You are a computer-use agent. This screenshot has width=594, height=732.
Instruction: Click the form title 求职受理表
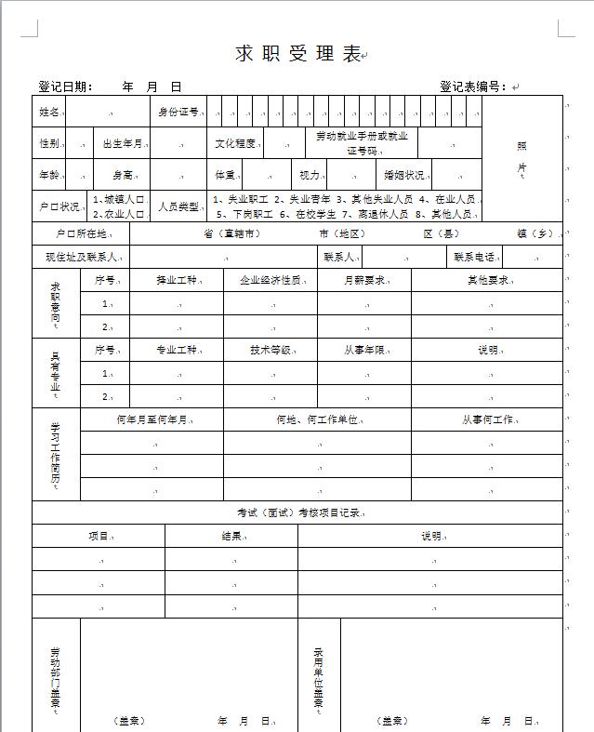[297, 54]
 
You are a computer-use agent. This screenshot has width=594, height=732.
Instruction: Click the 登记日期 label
[65, 87]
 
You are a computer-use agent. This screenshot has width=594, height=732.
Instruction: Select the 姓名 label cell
[49, 112]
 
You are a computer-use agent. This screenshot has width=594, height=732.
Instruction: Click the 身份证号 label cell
[178, 112]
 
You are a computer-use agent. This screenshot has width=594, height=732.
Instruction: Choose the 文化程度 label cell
[235, 143]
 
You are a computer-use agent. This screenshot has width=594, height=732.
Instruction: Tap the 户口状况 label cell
[59, 206]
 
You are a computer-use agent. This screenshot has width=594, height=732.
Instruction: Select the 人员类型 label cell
[178, 206]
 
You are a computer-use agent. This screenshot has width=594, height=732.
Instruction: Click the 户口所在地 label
[82, 233]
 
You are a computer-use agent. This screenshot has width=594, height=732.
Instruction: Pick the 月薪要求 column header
[363, 279]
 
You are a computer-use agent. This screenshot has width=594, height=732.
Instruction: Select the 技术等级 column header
[270, 350]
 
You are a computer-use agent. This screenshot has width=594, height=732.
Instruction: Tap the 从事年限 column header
[363, 350]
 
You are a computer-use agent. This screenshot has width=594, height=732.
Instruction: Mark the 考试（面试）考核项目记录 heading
[297, 512]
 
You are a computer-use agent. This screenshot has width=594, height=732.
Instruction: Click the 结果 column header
[231, 536]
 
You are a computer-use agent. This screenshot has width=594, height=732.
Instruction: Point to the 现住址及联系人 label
[80, 257]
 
